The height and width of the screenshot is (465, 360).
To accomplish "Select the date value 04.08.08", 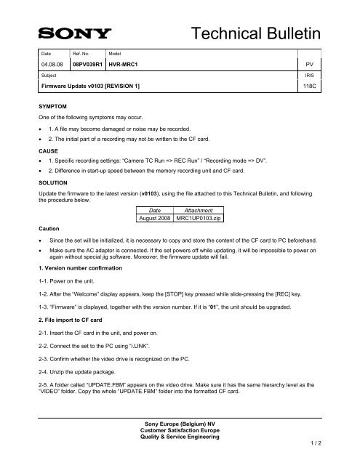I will pos(53,63).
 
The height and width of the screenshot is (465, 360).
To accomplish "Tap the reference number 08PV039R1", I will pos(89,63).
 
